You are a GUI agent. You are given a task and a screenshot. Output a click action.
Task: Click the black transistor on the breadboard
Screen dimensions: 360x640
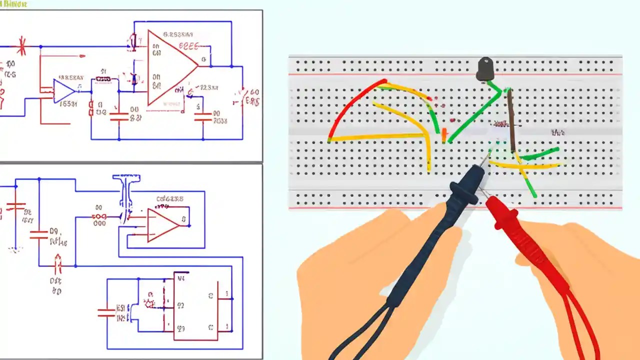(485, 68)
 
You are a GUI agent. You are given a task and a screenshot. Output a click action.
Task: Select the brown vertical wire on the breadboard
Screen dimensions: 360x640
(511, 120)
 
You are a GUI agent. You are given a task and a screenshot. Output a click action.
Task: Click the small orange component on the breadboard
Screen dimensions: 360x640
(444, 134)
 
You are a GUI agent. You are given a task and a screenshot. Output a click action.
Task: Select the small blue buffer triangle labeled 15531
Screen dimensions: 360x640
(63, 91)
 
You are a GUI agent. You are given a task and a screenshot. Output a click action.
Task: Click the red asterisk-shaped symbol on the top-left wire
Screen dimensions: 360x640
(21, 46)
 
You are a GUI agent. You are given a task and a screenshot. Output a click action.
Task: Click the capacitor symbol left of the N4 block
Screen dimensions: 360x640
(106, 312)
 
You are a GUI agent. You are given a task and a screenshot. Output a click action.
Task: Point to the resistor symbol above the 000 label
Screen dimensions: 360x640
(99, 216)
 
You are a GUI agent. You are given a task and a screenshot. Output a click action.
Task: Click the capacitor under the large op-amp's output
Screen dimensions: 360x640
(203, 117)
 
